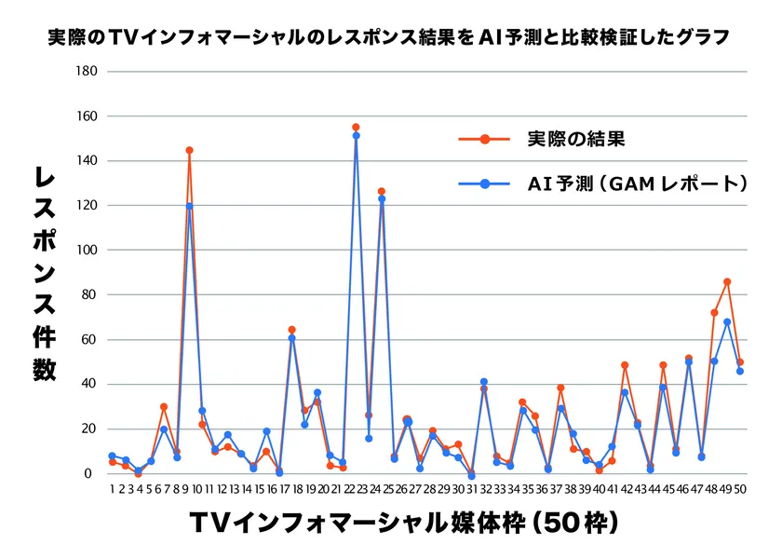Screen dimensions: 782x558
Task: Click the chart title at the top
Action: coord(388,37)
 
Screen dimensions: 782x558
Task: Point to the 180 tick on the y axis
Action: coord(87,72)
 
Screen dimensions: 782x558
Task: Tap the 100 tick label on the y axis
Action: coord(87,250)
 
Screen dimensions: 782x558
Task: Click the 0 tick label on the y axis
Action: coord(88,473)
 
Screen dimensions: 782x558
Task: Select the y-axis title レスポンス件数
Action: coord(45,274)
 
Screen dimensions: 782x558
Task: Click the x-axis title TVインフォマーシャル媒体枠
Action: coord(357,523)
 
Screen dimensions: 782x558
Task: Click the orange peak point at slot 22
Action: coord(356,128)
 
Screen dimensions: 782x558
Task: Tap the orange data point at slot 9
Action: coord(189,150)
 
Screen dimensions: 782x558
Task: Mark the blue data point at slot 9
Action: coord(189,206)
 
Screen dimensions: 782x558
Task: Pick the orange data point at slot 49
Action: coord(727,282)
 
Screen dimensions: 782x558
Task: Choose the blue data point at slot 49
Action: coord(727,322)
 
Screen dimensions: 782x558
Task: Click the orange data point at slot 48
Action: coord(714,312)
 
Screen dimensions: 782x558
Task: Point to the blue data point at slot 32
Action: coord(484,382)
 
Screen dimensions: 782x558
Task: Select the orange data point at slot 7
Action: coord(164,407)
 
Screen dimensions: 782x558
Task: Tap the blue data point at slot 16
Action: coord(266,431)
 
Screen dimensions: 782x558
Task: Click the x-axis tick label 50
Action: coord(740,489)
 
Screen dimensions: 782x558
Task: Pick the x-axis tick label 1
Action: coord(113,489)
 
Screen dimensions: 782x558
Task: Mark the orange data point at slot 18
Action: coord(291,330)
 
